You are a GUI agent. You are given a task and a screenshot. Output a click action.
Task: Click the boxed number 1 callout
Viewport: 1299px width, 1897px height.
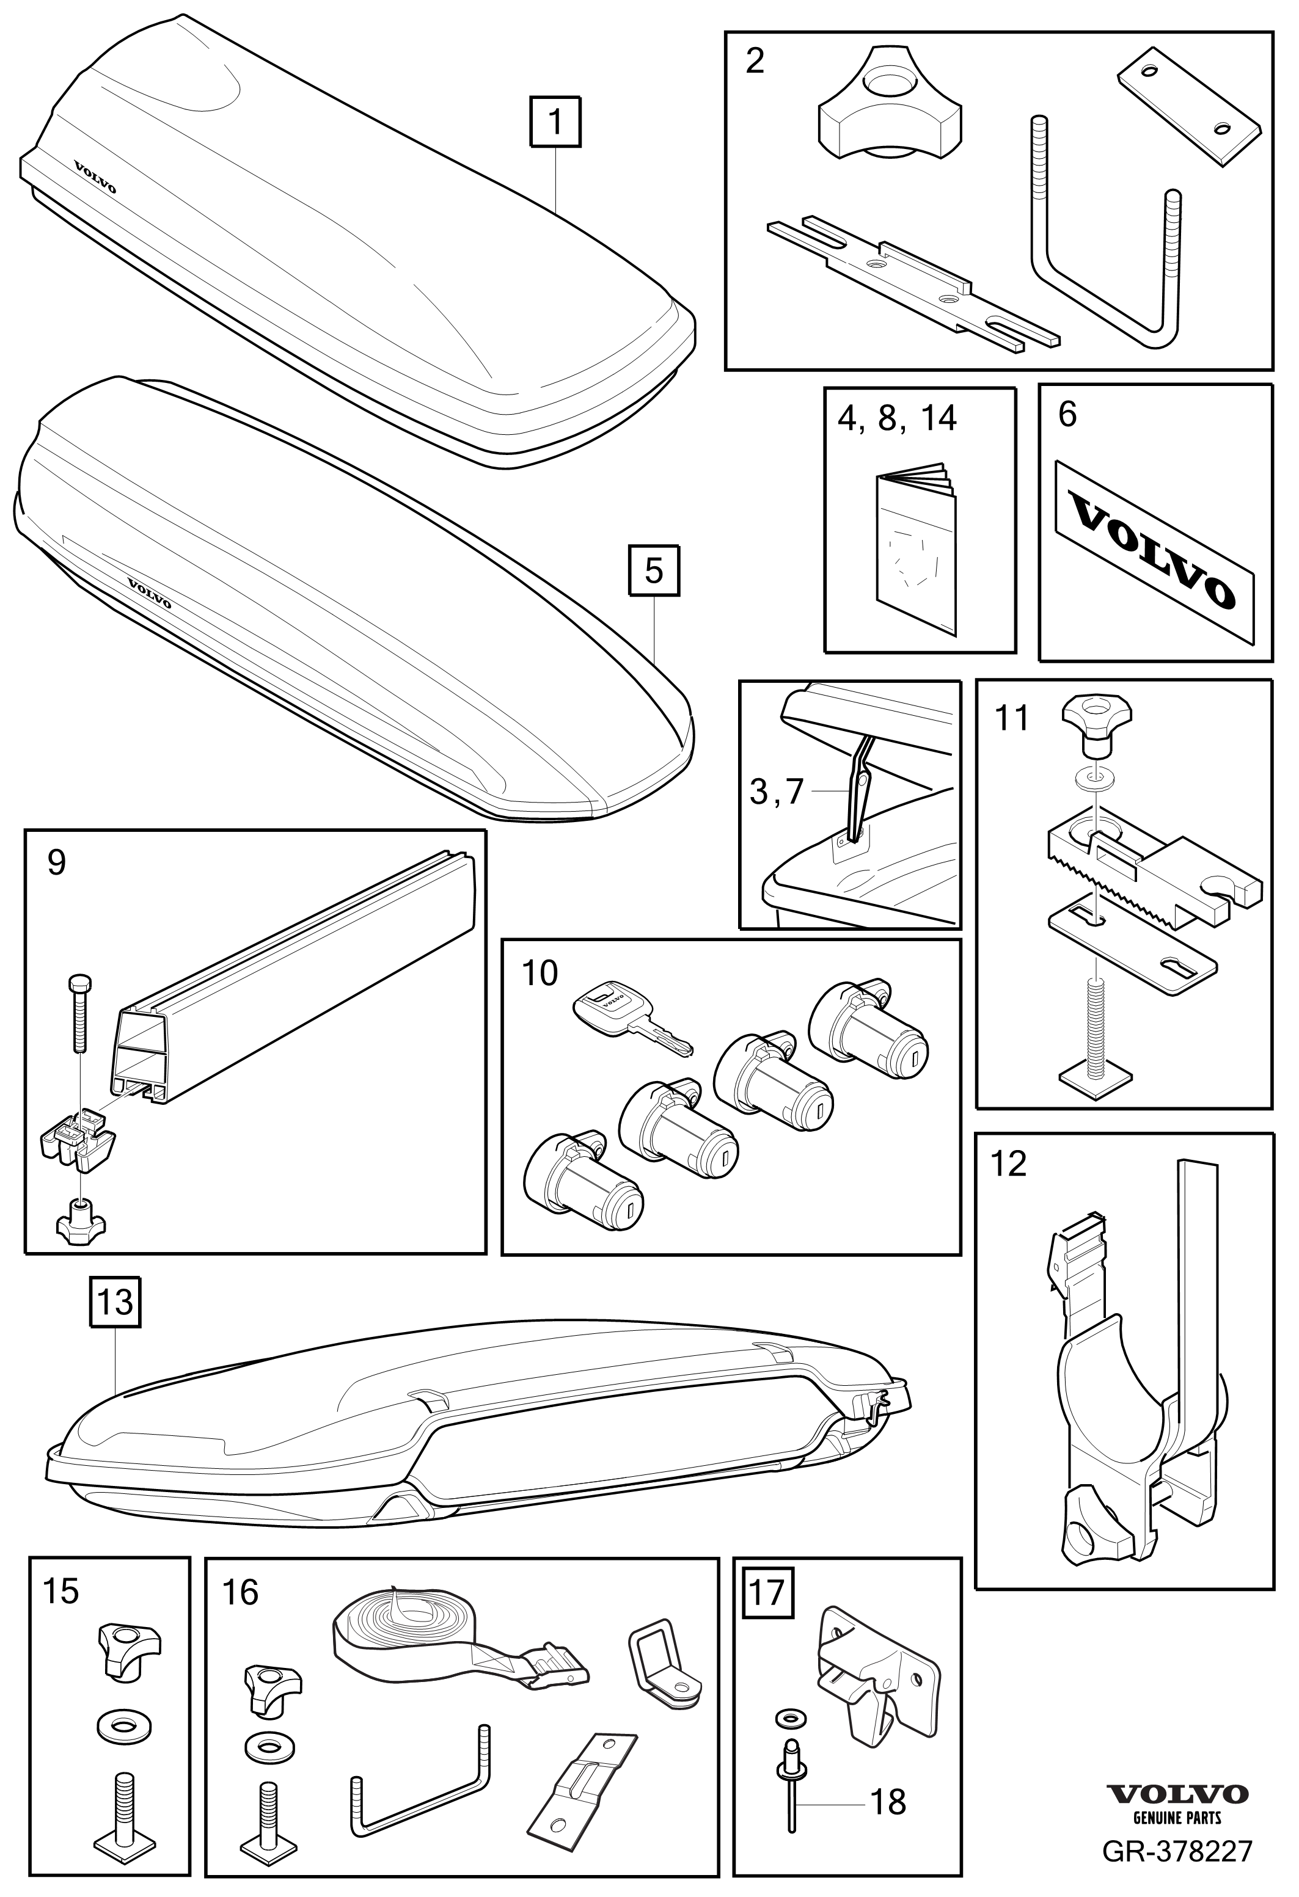click(x=556, y=122)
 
